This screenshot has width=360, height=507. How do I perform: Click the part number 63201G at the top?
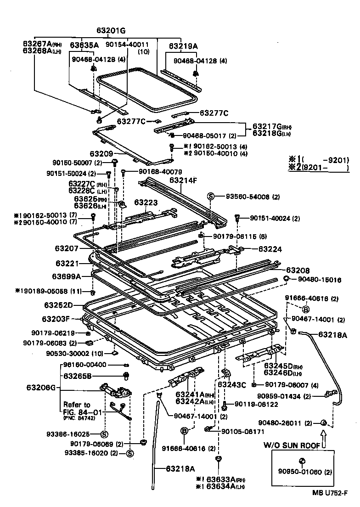click(x=111, y=31)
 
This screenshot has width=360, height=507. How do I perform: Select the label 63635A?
click(x=84, y=45)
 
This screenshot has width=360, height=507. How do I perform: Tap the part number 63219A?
click(x=183, y=46)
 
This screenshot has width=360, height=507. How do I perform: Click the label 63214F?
click(x=183, y=180)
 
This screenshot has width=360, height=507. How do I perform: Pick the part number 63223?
click(x=146, y=202)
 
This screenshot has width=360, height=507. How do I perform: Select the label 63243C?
click(x=232, y=384)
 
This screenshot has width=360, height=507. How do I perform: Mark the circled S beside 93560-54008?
click(x=211, y=196)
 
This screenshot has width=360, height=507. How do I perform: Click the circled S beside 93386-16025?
click(x=103, y=434)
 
